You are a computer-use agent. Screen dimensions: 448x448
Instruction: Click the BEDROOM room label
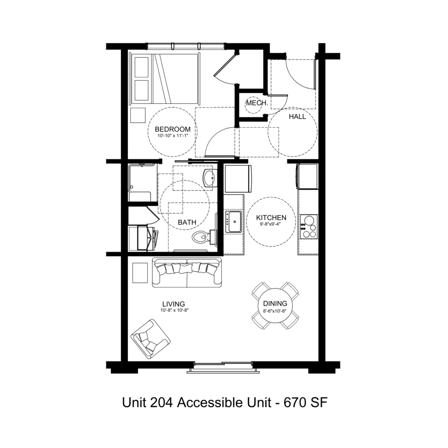[x=172, y=129]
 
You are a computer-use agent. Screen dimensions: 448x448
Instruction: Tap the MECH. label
[x=257, y=103]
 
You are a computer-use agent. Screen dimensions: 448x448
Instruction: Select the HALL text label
[x=297, y=116]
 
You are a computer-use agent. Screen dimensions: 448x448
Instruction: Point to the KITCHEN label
[x=271, y=218]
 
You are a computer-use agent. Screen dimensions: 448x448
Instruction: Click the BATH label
[x=187, y=222]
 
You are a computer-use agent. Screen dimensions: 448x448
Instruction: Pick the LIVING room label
[x=174, y=304]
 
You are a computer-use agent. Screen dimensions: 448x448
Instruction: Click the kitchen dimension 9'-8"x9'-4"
[x=270, y=224]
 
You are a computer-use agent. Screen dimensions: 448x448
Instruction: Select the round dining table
[x=275, y=305]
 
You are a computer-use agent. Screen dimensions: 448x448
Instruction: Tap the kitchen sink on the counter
[x=234, y=222]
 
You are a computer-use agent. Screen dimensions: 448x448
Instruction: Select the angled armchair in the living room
[x=150, y=339]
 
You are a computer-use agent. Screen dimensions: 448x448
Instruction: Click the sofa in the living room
[x=187, y=272]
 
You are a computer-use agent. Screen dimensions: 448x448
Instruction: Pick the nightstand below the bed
[x=138, y=116]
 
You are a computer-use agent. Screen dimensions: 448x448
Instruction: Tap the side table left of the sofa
[x=140, y=273]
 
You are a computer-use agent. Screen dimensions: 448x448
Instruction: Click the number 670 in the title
[x=294, y=403]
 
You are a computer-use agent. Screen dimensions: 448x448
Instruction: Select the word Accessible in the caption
[x=224, y=403]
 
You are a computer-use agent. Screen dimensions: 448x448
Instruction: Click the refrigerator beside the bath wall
[x=238, y=179]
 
